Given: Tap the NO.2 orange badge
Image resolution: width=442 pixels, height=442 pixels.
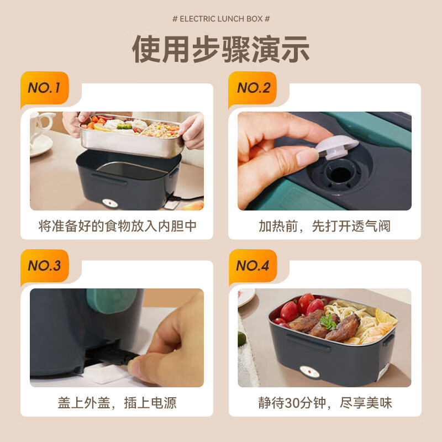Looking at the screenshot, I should (254, 88).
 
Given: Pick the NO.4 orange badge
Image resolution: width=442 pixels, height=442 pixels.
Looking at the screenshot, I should (252, 266).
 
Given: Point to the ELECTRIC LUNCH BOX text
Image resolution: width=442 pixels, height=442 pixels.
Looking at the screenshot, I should (221, 19).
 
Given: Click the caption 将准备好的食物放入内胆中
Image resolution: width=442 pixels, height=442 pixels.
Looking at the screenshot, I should (117, 226).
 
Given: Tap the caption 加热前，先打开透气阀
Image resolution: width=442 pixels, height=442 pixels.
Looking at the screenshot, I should (324, 226).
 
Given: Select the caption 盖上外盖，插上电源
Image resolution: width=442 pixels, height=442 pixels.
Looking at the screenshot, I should (117, 403).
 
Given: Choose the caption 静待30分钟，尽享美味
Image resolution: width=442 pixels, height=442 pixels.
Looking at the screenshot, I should (324, 403).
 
